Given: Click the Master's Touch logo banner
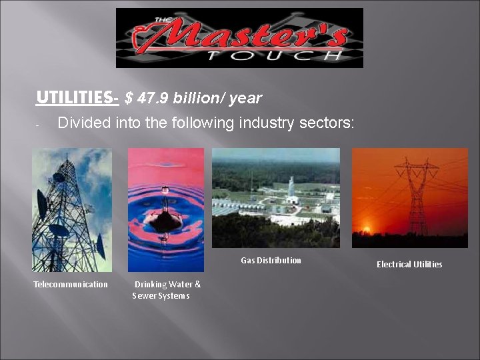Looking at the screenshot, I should (x=239, y=38).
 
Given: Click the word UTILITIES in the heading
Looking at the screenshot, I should (x=74, y=98).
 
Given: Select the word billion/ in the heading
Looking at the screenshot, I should (x=200, y=99).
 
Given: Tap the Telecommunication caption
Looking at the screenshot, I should (x=71, y=285).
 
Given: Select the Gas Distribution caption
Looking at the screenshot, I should (x=271, y=261).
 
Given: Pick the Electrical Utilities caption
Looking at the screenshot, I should (x=409, y=265).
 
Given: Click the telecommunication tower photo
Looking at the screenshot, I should (x=72, y=209).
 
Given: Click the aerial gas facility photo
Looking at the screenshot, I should (x=275, y=197).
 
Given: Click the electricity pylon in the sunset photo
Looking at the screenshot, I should (x=417, y=193).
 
